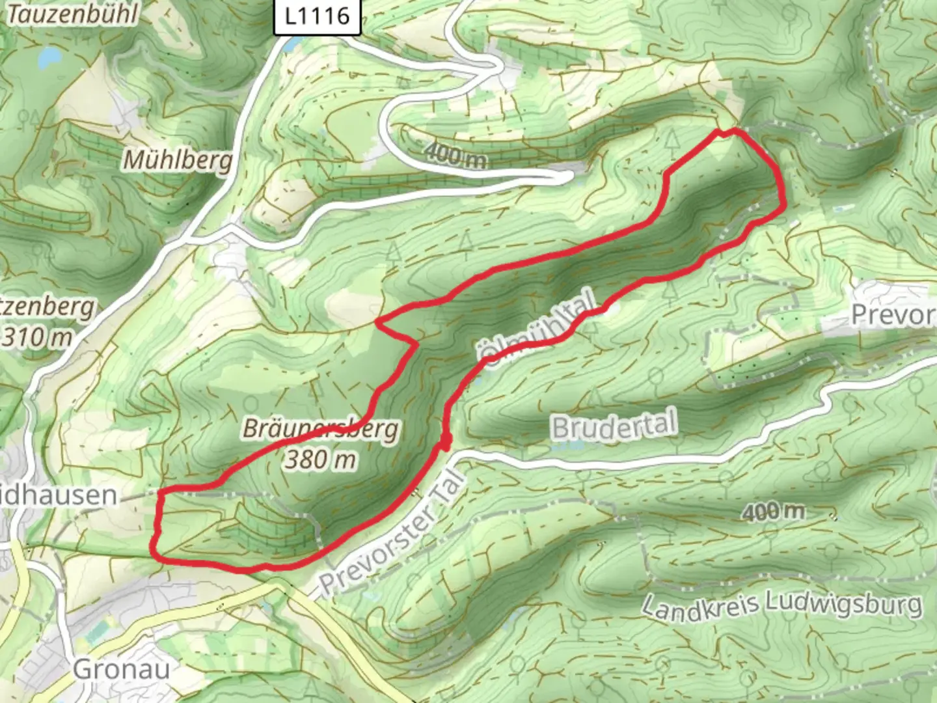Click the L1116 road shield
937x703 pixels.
[317, 16]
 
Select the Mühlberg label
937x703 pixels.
[177, 159]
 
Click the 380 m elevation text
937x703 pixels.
[320, 460]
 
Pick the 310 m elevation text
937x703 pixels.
[37, 337]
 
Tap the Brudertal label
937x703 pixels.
[614, 426]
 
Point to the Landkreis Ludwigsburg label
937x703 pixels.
[781, 606]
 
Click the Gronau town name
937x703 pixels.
[122, 669]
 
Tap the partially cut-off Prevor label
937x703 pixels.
[893, 315]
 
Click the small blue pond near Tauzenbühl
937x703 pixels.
[49, 59]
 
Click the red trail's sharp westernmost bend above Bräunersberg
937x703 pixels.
[379, 321]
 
